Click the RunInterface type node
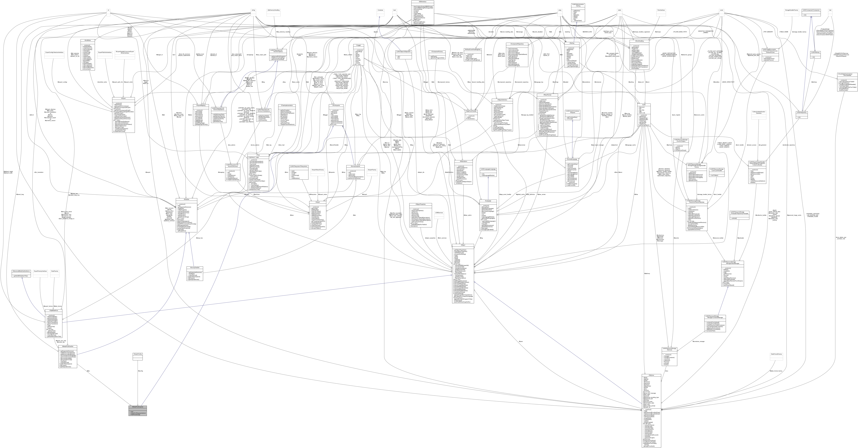(x=661, y=10)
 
